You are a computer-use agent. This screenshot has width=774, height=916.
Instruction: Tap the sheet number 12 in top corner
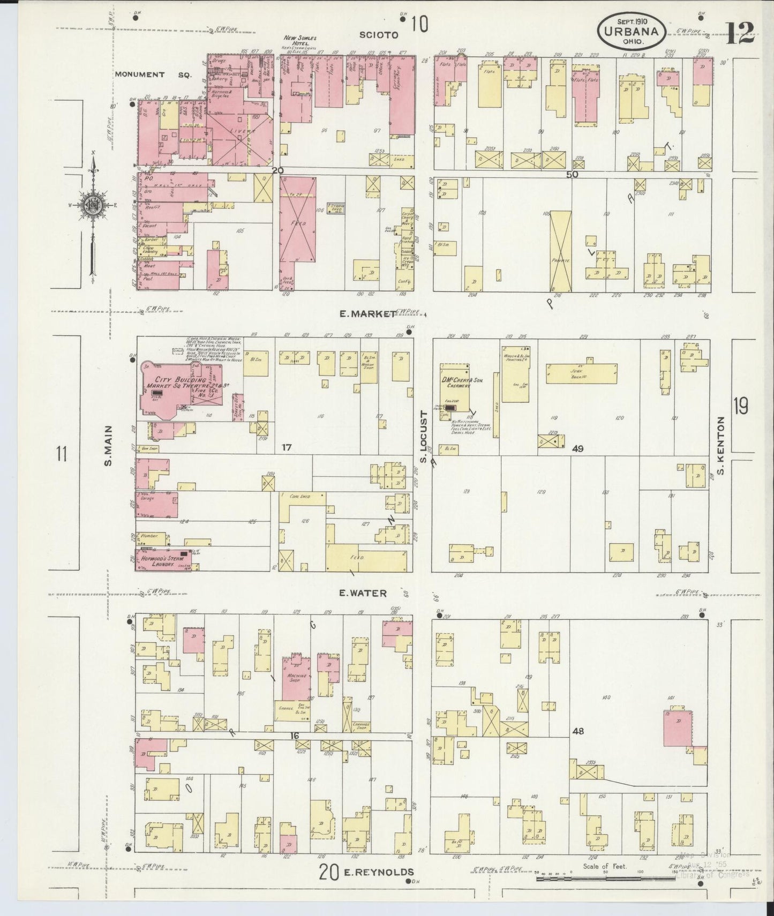pyautogui.click(x=741, y=33)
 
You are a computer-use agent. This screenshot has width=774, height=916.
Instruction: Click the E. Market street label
pyautogui.click(x=367, y=314)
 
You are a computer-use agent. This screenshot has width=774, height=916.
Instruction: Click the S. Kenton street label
pyautogui.click(x=721, y=446)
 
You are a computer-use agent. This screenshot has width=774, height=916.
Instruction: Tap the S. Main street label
pyautogui.click(x=108, y=445)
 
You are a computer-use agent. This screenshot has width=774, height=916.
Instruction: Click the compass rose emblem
pyautogui.click(x=92, y=204)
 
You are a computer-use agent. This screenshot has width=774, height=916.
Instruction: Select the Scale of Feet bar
pyautogui.click(x=605, y=878)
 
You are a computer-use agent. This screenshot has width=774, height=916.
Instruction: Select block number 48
pyautogui.click(x=577, y=731)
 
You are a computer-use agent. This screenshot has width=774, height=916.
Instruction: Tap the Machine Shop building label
pyautogui.click(x=297, y=678)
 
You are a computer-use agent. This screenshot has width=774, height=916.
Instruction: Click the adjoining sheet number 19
pyautogui.click(x=741, y=407)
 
